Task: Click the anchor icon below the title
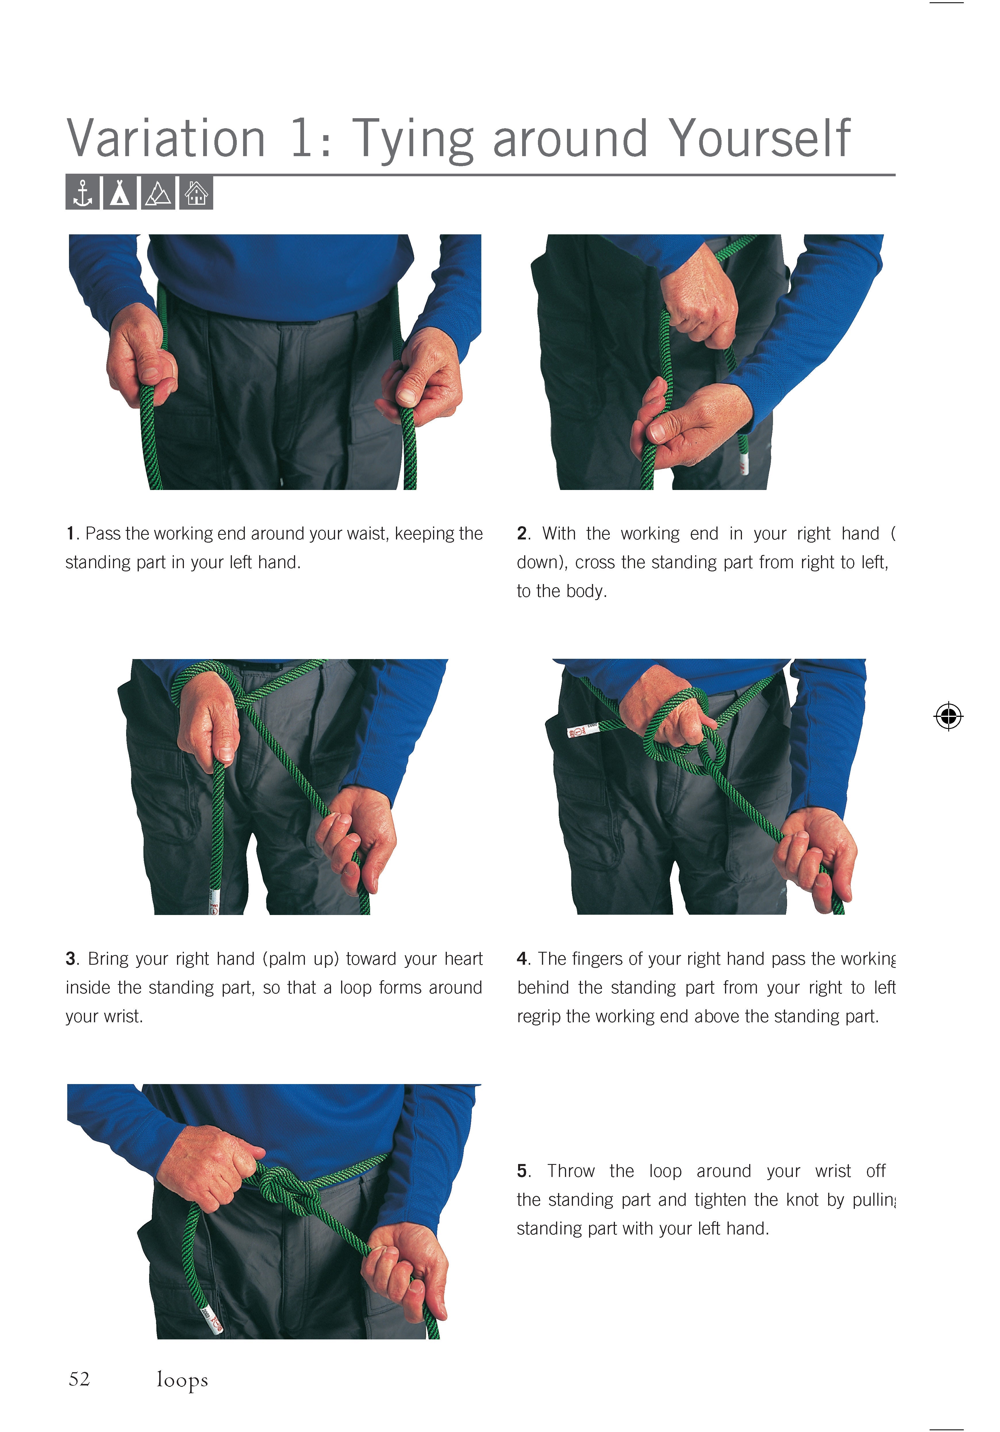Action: [x=82, y=193]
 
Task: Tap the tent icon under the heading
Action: [x=120, y=193]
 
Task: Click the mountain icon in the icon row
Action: [x=158, y=193]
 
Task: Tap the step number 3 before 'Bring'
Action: [x=70, y=959]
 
